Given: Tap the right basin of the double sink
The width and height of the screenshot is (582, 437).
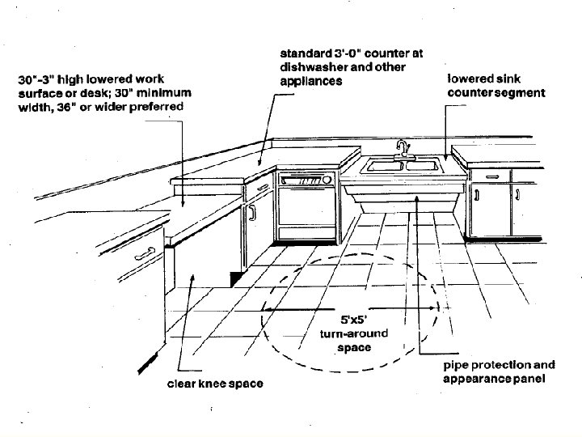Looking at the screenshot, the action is (422, 165).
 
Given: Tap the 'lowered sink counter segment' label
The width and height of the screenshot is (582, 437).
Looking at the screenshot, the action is (496, 87).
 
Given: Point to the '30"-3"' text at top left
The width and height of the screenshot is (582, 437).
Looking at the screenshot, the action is (40, 79).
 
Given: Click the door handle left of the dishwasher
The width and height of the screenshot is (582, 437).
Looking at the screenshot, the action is (252, 212).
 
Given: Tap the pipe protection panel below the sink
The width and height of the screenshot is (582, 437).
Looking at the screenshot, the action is (403, 197).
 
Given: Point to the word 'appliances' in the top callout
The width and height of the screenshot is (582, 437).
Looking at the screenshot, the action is (312, 82).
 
